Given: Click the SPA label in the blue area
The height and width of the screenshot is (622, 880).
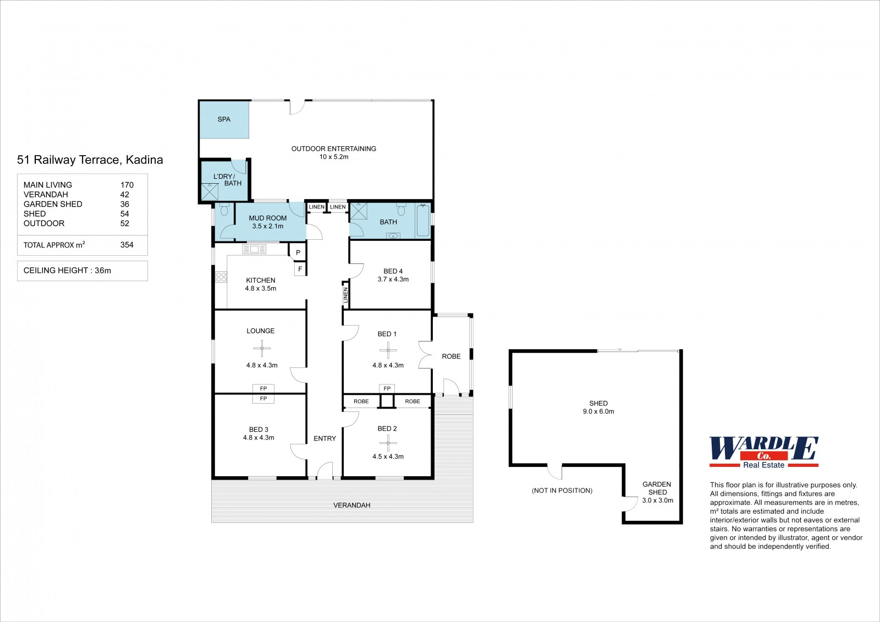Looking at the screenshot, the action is pos(224,119).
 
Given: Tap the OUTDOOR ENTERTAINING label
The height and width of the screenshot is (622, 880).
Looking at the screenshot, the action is pos(333,148).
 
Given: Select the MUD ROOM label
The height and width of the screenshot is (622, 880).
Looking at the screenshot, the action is pos(267,218).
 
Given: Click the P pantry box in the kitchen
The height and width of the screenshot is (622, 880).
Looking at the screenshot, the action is pos(298,252).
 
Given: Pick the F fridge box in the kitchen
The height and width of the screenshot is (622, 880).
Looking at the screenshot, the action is pos(300,269).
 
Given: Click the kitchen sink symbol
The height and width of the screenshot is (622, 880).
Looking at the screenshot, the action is pos(254,249).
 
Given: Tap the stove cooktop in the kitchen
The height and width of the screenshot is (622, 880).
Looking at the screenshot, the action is pos(221,277).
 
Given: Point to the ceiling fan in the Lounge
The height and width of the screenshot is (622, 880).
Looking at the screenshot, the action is pos(262,348).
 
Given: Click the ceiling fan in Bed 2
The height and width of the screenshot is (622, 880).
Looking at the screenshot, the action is pos(388,443).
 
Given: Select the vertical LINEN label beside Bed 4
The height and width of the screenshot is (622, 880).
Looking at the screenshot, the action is pos(346,295).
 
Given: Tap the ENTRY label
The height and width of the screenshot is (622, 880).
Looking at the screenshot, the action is pos(325,438).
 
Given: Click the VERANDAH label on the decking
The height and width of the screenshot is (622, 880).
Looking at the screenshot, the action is pos(352,505).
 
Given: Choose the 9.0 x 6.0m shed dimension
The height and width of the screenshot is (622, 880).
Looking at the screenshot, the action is pos(598,411).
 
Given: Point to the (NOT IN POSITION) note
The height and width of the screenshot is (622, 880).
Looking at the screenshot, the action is pos(562,491).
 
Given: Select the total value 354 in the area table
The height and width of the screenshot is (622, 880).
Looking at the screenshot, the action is pos(127,245).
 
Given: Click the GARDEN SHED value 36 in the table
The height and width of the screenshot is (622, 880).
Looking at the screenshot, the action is pos(124,204).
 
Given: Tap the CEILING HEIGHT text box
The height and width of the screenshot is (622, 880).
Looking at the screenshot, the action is pos(82,271).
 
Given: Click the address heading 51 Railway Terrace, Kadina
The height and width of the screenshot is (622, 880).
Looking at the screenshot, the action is pos(90,160).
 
